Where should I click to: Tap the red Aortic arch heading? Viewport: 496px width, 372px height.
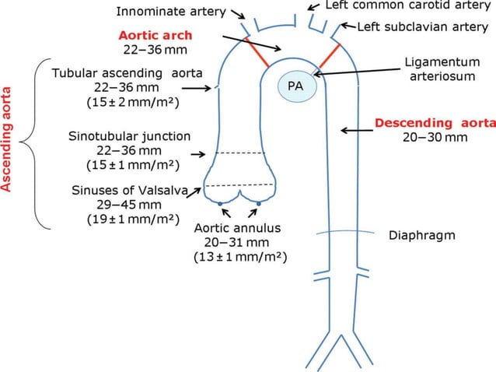155,36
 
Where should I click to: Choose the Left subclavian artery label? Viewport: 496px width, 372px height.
423,26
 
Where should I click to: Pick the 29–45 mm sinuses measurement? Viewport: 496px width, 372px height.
130,205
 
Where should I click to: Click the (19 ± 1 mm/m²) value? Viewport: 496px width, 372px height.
131,220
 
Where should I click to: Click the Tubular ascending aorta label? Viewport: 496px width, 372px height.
127,73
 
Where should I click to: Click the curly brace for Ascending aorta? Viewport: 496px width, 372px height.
33,144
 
